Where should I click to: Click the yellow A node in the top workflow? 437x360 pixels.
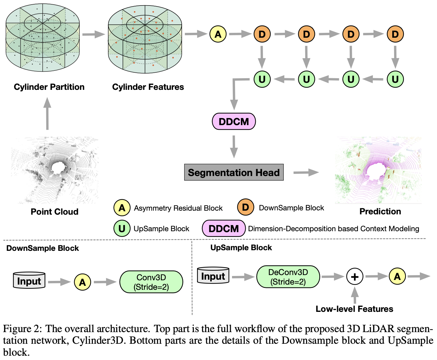(x=218, y=34)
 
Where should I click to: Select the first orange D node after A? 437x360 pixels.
(x=262, y=34)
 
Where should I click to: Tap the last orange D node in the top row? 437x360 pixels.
(x=395, y=34)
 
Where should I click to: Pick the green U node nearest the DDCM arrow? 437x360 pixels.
(x=262, y=79)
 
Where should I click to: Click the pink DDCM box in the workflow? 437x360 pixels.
(x=234, y=121)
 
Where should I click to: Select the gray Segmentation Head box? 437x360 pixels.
(x=234, y=172)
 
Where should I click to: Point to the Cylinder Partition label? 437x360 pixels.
(x=49, y=87)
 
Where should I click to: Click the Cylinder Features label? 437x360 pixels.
(x=148, y=87)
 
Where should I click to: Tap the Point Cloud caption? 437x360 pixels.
(x=55, y=212)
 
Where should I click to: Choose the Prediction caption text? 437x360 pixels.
(x=380, y=211)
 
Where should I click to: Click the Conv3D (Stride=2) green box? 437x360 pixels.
(x=151, y=282)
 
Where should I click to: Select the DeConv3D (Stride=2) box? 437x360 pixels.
(x=288, y=277)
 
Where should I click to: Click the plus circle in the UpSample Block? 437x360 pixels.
(x=355, y=277)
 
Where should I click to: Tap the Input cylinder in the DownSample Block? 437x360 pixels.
(x=29, y=280)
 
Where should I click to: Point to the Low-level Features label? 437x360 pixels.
(x=354, y=309)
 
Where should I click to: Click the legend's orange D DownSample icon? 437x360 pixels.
(x=245, y=207)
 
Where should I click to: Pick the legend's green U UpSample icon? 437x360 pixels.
(x=122, y=228)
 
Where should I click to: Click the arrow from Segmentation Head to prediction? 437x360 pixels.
(x=306, y=172)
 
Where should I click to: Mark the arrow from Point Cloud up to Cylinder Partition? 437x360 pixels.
(x=47, y=114)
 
